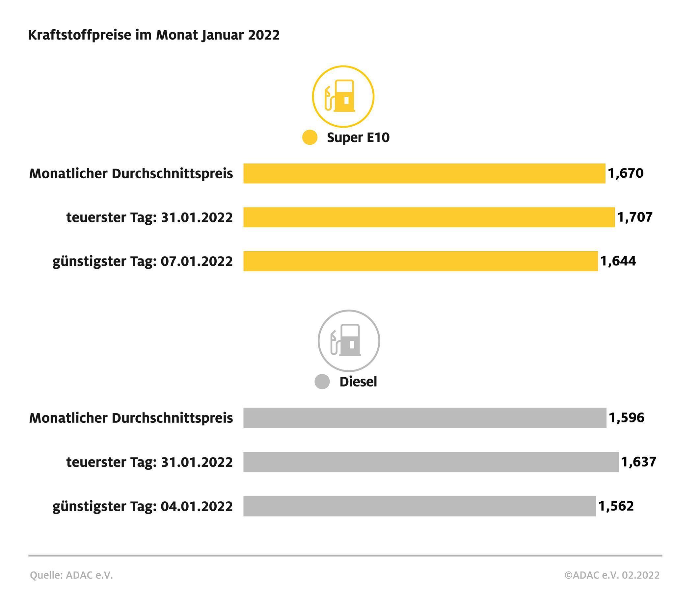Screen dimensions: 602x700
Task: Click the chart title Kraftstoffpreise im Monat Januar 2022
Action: point(154,35)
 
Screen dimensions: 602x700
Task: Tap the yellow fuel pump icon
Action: point(343,96)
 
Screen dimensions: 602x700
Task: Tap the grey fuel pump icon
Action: point(349,341)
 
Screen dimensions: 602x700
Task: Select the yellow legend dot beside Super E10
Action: point(310,137)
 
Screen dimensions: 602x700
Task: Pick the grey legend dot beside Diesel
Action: point(322,382)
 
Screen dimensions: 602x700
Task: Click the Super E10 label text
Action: point(358,137)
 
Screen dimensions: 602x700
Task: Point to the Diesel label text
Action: point(358,382)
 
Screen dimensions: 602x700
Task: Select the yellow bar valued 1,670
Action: point(424,173)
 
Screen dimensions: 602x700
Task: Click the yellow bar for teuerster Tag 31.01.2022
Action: point(429,217)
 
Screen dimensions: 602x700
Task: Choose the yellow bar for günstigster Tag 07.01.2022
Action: point(420,261)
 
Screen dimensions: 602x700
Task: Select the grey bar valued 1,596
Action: point(425,418)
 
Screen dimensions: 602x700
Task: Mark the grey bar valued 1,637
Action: point(431,462)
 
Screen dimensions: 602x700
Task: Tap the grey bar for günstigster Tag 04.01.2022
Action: point(419,506)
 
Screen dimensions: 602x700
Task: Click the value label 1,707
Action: point(635,217)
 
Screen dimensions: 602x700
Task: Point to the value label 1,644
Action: point(618,261)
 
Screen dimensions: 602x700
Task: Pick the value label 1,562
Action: point(616,506)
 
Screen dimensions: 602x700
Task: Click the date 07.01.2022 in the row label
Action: point(197,262)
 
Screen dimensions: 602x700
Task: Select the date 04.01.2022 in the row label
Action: point(197,506)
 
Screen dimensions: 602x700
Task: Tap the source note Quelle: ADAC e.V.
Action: point(71,575)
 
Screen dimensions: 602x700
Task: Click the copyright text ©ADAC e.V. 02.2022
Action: point(612,575)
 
